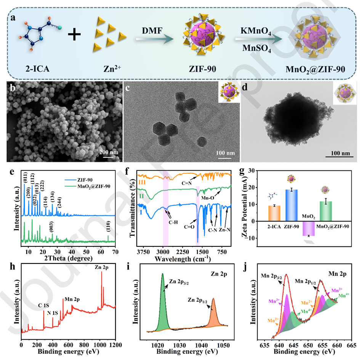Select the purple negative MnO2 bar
[x=309, y=229]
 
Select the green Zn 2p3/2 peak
[x=163, y=305]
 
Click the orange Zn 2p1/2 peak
[x=213, y=317]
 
